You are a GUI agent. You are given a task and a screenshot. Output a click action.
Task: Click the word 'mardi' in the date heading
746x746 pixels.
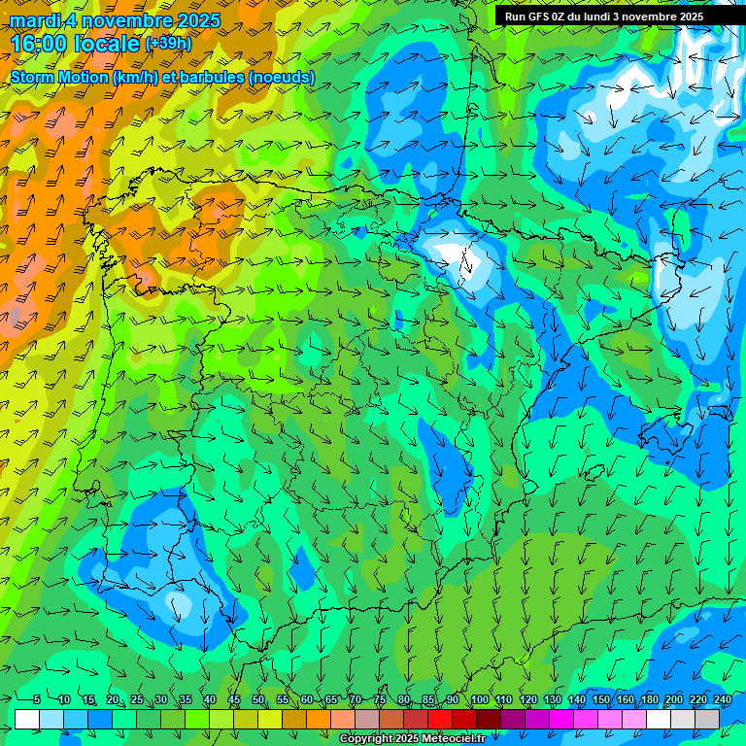pos(36,20)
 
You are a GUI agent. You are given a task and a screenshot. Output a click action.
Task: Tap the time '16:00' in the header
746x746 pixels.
pos(38,44)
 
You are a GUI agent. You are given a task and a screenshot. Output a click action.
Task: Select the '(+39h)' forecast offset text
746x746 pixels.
pos(168,44)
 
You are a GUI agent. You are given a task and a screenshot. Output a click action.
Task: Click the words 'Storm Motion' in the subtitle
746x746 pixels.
pos(59,77)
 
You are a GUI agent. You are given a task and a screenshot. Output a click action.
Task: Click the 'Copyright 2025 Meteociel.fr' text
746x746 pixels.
pos(412,739)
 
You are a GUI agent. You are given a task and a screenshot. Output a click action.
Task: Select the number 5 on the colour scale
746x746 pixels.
pos(37,699)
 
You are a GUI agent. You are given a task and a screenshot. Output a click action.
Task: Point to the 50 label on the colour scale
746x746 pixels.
pos(258,699)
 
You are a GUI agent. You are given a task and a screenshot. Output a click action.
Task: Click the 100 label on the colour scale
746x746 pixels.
pos(480,699)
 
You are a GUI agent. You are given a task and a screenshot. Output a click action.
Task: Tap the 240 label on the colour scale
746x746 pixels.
pos(723,699)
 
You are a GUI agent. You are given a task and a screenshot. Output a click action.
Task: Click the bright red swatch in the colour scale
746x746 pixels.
pos(440,719)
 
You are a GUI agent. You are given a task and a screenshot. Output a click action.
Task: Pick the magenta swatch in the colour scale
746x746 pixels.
pos(561,719)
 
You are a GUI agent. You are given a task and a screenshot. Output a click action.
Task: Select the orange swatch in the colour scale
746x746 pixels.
pos(319,719)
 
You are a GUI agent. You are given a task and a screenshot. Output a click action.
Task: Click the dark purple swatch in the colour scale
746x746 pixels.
pos(513,719)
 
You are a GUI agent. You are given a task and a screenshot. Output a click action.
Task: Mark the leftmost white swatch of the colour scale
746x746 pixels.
pos(27,719)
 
